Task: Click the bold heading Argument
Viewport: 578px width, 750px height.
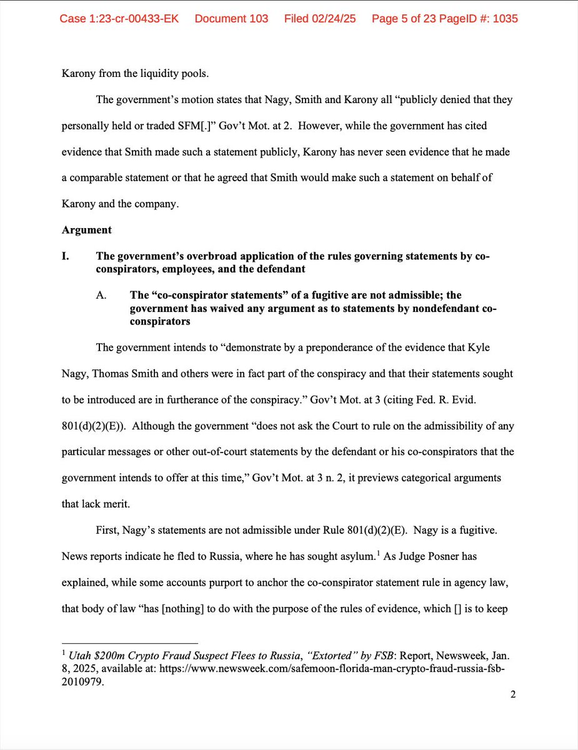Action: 87,229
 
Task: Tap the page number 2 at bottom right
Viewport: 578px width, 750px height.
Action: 512,695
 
